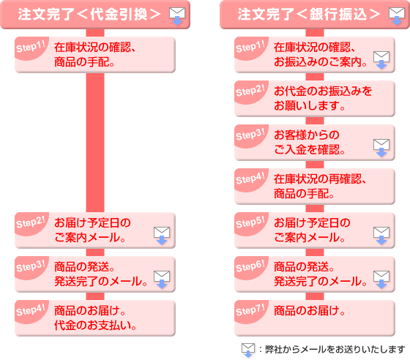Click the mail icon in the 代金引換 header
177,16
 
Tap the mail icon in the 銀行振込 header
397,16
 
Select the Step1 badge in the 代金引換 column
31,48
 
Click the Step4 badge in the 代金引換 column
31,311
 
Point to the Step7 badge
250,311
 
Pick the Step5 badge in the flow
250,223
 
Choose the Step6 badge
250,267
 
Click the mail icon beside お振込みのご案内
381,60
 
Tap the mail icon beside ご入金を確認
381,148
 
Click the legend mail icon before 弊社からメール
248,350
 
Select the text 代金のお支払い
95,326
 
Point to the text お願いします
310,106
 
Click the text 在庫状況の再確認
320,179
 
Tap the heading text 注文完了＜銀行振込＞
308,14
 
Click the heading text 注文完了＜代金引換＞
89,14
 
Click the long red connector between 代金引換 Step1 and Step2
95,143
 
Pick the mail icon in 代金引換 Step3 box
162,280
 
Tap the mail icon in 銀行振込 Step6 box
381,280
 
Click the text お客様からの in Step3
307,135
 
